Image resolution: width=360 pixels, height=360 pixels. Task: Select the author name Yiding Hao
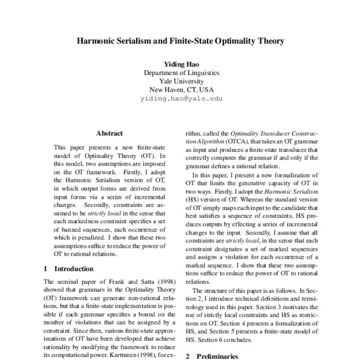181,63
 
